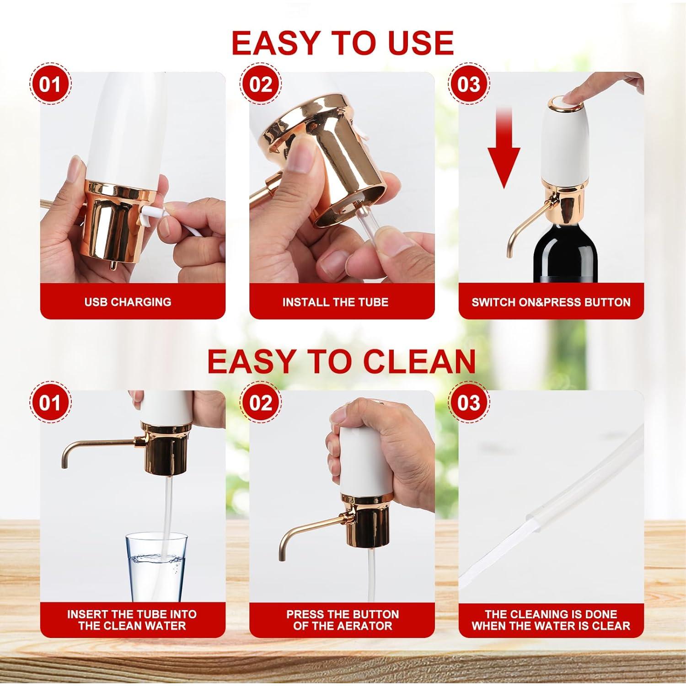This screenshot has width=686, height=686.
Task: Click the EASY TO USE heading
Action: pyautogui.click(x=342, y=43)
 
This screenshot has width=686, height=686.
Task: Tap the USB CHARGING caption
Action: pyautogui.click(x=128, y=302)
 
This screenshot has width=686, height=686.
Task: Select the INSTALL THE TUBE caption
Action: pyautogui.click(x=335, y=302)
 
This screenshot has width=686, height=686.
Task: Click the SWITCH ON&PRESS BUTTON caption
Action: pyautogui.click(x=551, y=302)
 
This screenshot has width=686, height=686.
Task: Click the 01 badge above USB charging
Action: pyautogui.click(x=50, y=85)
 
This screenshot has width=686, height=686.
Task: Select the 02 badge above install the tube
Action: pyautogui.click(x=261, y=85)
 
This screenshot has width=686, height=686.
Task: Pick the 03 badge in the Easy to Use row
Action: pyautogui.click(x=469, y=85)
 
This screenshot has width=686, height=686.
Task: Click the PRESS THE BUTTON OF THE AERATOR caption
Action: pyautogui.click(x=342, y=620)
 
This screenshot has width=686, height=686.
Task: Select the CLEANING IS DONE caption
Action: pyautogui.click(x=551, y=620)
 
